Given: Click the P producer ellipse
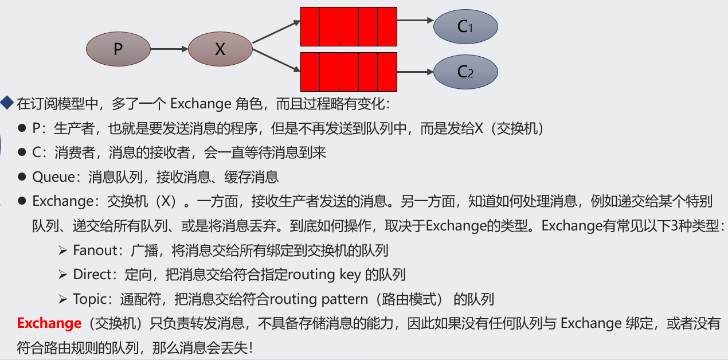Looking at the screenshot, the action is click(118, 49).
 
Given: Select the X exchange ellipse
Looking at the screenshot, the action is click(220, 49).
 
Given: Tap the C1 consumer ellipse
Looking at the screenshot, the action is click(465, 26).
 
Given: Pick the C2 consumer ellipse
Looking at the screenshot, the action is click(465, 72).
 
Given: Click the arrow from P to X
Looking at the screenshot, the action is click(169, 49).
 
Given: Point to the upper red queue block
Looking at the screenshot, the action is click(349, 26).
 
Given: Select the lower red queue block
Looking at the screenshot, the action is click(349, 72).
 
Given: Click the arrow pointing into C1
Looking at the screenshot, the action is click(415, 21).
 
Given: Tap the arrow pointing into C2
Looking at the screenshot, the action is click(415, 72).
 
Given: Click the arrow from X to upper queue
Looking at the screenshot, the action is click(276, 32).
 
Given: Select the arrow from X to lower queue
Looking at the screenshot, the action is click(276, 60).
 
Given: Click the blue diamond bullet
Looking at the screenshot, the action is click(7, 103).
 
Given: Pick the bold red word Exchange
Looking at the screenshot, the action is click(49, 323).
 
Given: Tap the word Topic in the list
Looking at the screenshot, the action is click(89, 299).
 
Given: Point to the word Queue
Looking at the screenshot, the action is click(54, 177).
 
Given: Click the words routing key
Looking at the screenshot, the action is click(324, 275).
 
